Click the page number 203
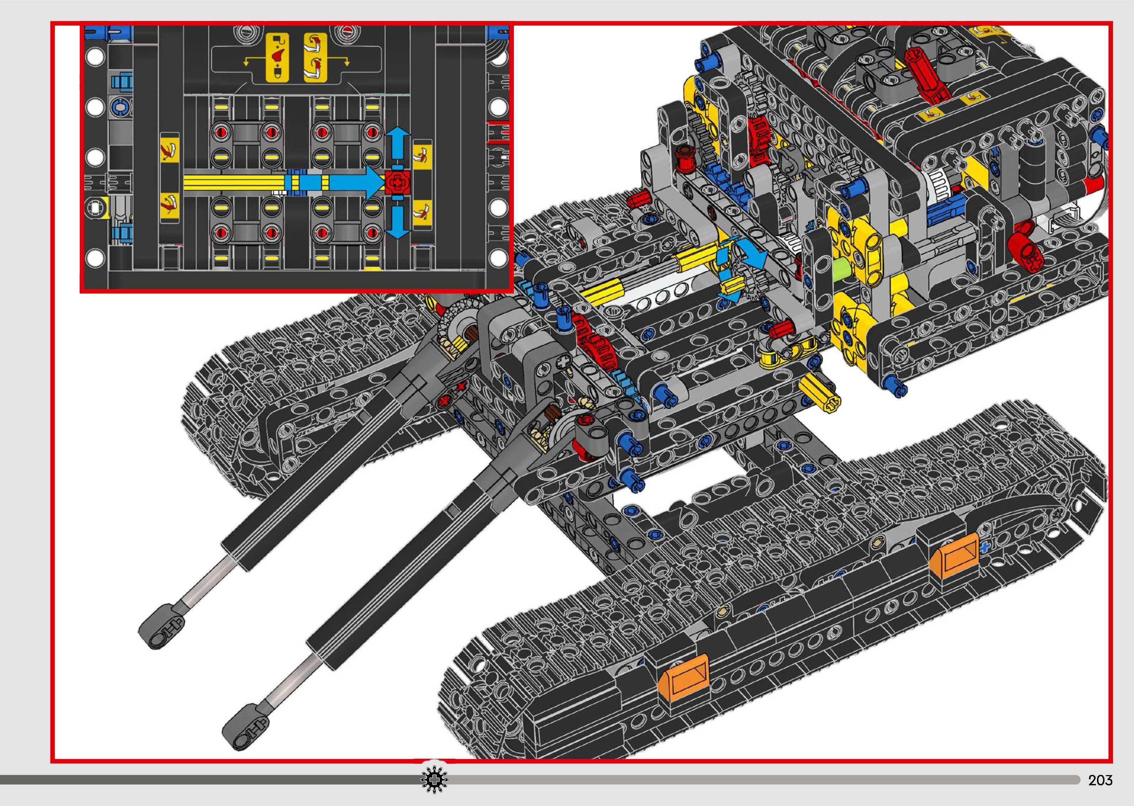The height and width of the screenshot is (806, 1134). coord(1100,780)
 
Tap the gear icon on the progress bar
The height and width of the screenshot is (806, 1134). coord(434,780)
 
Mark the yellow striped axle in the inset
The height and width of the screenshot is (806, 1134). coord(233,182)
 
